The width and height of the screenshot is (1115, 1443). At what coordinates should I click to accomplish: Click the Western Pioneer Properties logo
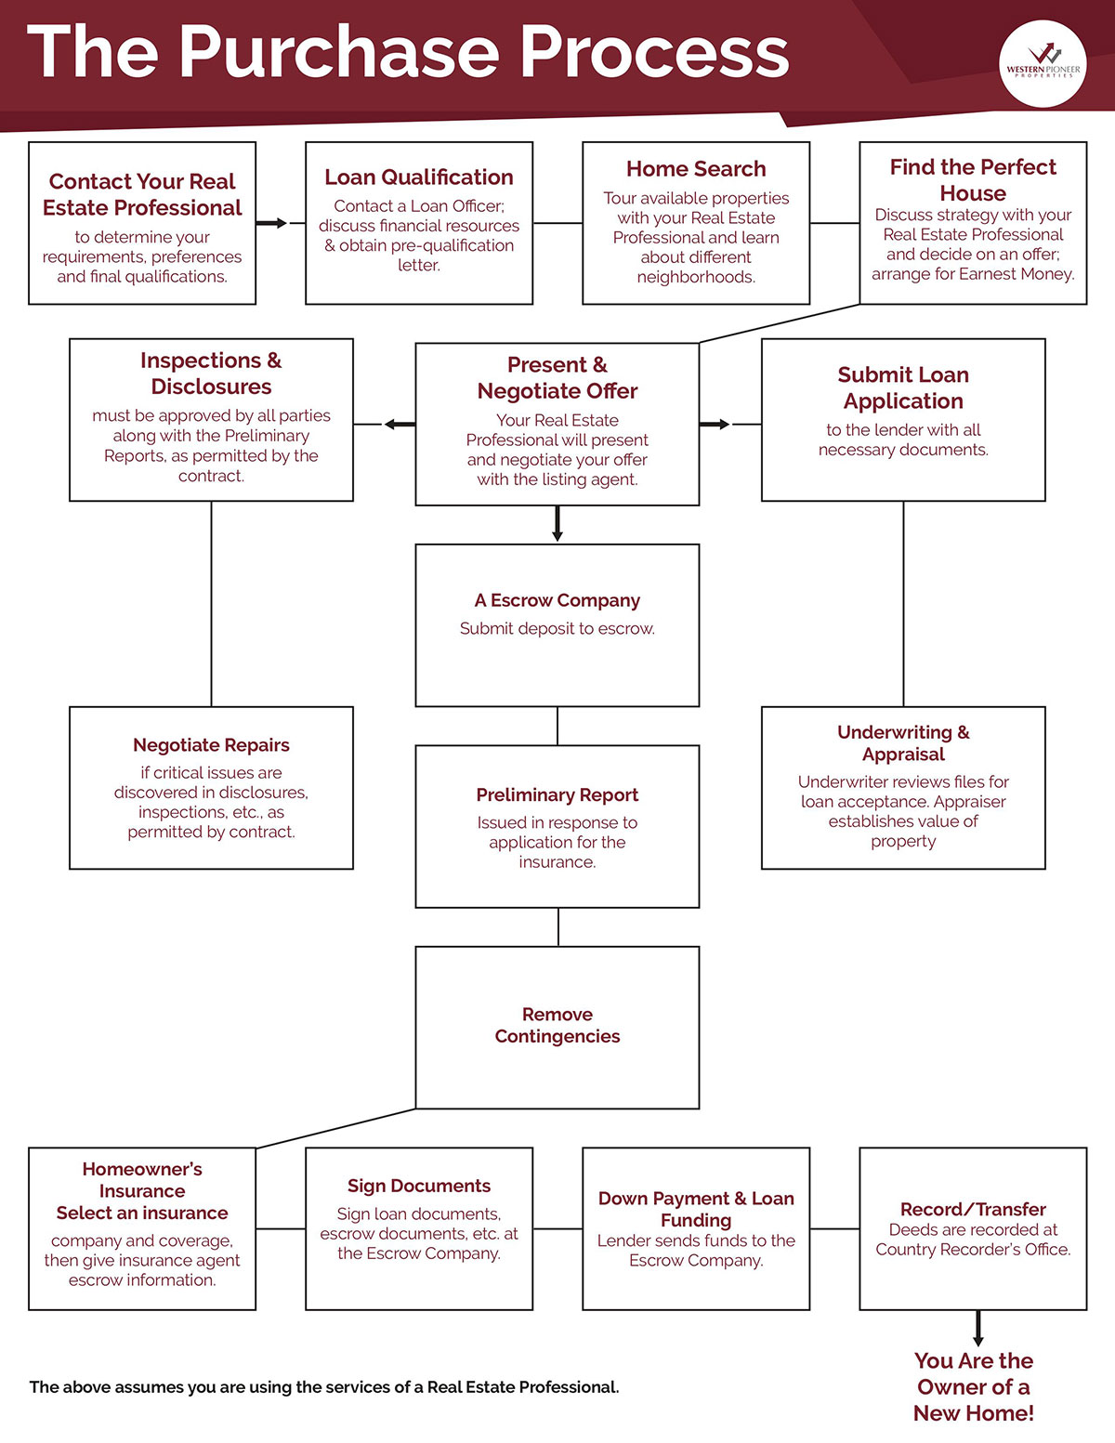pos(1043,64)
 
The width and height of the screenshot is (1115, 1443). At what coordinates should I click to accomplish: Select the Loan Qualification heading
pos(419,177)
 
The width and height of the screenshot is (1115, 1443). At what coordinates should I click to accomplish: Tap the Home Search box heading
pos(696,169)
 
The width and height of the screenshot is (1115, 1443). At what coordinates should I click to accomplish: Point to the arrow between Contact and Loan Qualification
pos(271,223)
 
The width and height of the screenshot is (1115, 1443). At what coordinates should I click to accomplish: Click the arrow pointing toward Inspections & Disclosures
pos(400,424)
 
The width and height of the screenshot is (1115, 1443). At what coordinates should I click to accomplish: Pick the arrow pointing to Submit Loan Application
pos(715,424)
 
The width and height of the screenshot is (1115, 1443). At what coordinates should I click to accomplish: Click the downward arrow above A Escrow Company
pos(557,523)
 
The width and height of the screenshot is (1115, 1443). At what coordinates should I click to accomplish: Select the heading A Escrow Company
pos(557,600)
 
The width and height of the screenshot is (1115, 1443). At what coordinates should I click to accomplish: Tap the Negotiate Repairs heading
pos(211,745)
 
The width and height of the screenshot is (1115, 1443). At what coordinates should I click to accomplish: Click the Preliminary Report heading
pos(557,794)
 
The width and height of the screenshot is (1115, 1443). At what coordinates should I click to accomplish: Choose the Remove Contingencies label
pos(557,1025)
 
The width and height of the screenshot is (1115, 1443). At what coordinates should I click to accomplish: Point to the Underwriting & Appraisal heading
pos(903,743)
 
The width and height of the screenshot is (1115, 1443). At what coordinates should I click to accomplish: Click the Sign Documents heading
pos(419,1186)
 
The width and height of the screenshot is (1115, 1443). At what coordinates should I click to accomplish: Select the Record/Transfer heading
pos(973,1209)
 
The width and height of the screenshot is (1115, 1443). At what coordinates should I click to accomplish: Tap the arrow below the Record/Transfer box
pos(978,1328)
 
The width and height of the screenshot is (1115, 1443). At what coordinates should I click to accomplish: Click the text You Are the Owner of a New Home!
pos(974,1387)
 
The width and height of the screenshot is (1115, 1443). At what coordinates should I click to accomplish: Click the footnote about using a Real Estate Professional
pos(324,1387)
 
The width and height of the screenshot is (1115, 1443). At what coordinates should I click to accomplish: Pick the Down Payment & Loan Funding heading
pos(696,1209)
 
